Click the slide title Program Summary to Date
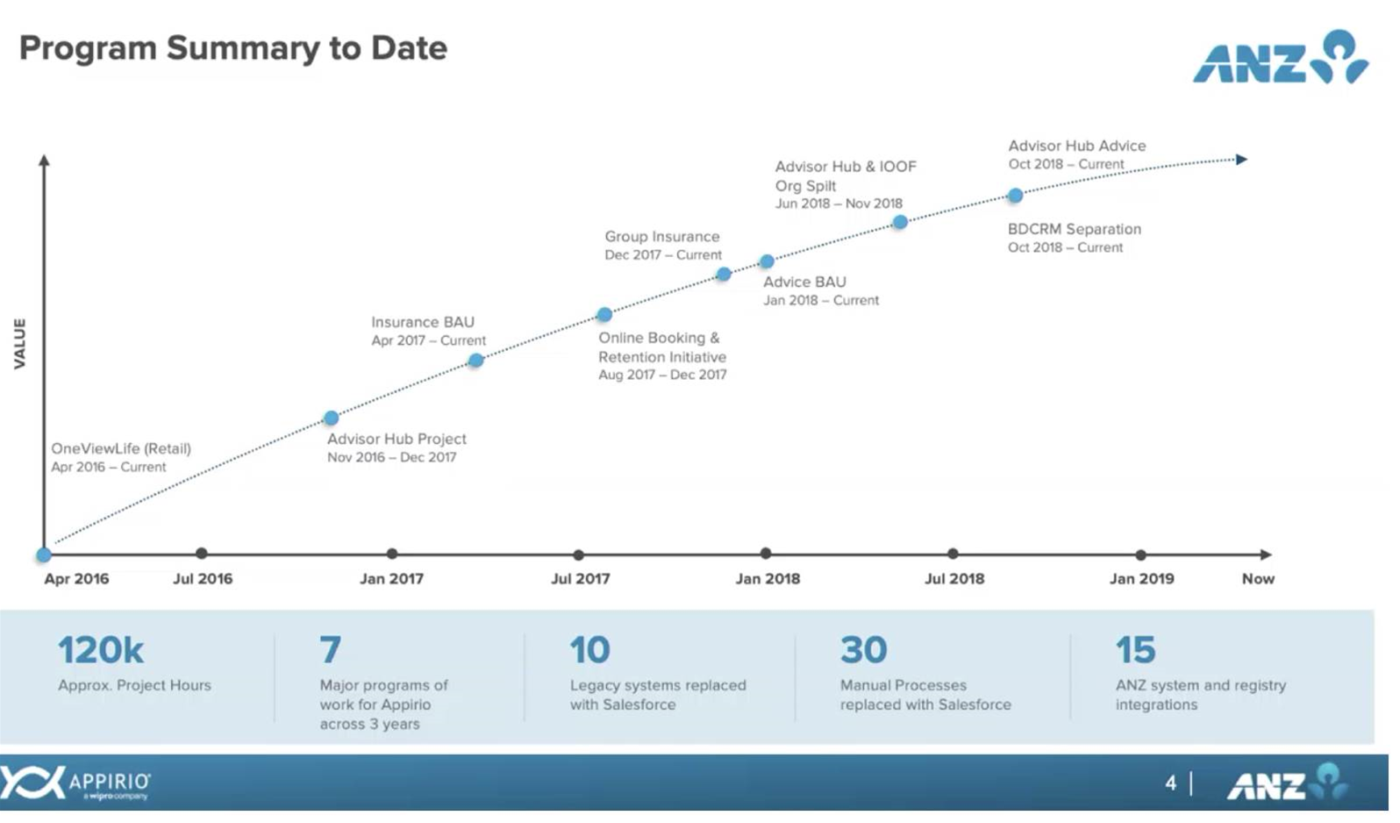coord(233,49)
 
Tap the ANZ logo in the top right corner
coord(1281,57)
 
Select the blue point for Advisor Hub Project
coord(332,417)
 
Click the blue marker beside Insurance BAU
coord(476,361)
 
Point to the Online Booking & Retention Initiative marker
coord(604,315)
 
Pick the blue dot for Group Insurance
coord(724,274)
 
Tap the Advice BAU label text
coord(804,282)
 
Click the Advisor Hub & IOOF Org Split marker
coord(900,222)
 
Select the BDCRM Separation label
coord(1075,229)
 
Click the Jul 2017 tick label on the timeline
coord(580,578)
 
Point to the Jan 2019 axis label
coord(1142,578)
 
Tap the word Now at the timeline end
coord(1258,578)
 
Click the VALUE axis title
coord(21,343)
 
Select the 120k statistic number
coord(101,650)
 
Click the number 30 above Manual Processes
coord(864,650)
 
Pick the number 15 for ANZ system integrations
coord(1136,650)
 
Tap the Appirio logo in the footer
coord(75,783)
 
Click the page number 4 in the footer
coord(1171,783)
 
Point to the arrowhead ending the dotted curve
coord(1242,160)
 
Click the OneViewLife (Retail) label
coord(121,449)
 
